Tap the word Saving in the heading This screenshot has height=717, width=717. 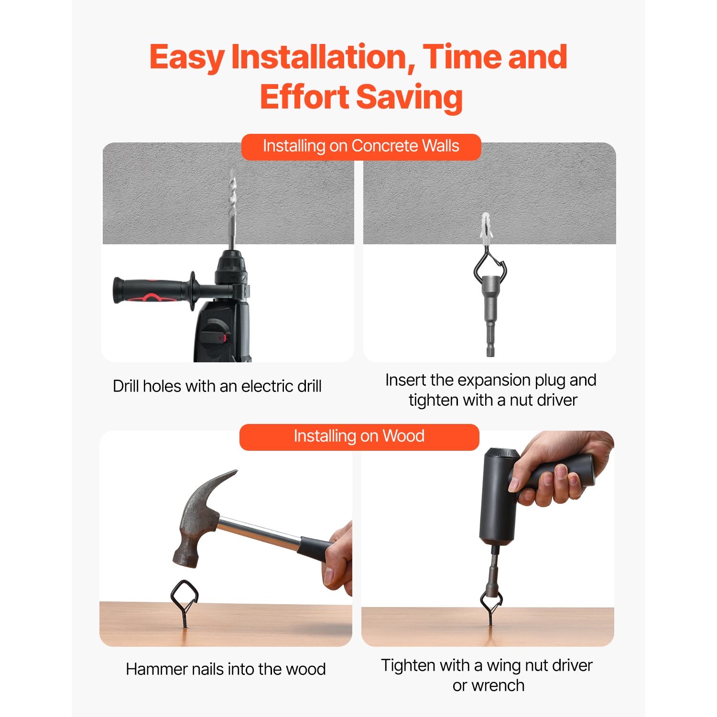point(409,97)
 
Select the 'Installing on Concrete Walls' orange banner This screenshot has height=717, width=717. point(361,147)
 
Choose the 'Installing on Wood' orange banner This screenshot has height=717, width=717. point(359,437)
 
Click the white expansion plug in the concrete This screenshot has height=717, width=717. point(486,228)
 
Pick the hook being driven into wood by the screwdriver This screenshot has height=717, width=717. point(491,606)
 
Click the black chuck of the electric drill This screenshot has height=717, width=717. point(232,268)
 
